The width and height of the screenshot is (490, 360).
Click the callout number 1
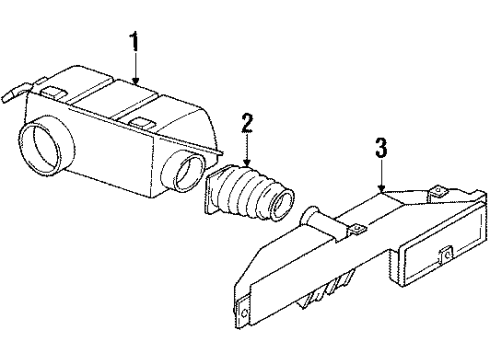click(x=134, y=42)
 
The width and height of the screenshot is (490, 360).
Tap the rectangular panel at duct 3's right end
click(x=429, y=256)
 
